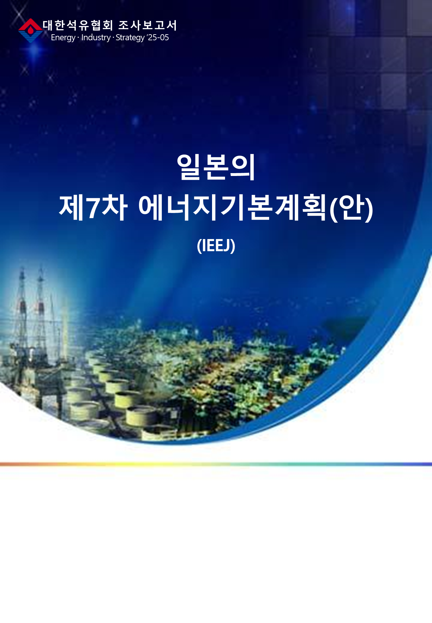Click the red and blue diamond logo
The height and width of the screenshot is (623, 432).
pos(30,30)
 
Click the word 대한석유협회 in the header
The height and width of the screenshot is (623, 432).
pos(78,25)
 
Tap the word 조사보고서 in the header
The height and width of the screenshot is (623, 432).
pos(147,25)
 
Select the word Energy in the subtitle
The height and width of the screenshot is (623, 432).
pos(63,38)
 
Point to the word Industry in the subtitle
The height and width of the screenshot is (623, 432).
pos(96,38)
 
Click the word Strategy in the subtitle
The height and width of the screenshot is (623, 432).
pos(130,38)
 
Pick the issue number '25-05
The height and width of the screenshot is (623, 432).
pos(158,37)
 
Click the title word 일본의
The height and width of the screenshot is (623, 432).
pos(216,167)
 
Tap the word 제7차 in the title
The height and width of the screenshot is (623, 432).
pos(93,207)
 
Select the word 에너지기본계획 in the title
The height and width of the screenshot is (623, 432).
pos(232,207)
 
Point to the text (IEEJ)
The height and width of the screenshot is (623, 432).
pos(216,245)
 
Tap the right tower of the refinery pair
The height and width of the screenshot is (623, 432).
pos(40,314)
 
